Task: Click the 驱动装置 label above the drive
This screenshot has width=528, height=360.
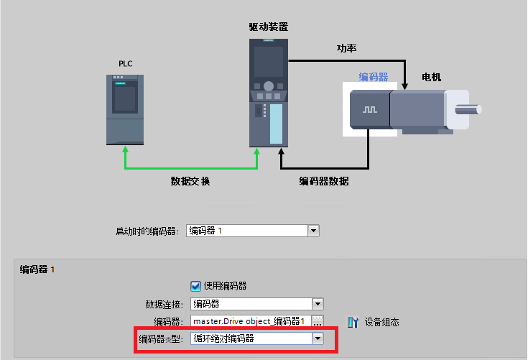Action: point(269,27)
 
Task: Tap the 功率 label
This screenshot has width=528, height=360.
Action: point(347,49)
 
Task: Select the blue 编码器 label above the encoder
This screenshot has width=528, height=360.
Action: point(374,77)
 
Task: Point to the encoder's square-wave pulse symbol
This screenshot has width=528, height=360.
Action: point(369,111)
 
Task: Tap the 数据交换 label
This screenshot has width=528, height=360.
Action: point(190,181)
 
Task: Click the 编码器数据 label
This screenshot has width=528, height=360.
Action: point(324,181)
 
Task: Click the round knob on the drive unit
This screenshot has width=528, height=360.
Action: point(269,86)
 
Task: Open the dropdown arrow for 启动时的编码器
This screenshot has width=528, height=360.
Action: point(313,231)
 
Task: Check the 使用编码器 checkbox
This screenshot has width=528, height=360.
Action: point(195,285)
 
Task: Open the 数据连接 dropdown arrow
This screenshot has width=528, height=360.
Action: point(318,304)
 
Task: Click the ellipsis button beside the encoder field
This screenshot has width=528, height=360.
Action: point(318,320)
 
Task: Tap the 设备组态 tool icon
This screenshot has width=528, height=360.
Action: point(353,322)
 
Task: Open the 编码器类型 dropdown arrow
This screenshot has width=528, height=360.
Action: point(318,338)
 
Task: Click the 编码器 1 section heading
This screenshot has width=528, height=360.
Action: point(37,269)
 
